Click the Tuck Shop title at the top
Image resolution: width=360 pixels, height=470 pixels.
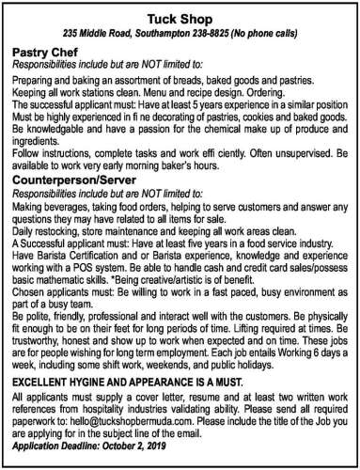(180, 18)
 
